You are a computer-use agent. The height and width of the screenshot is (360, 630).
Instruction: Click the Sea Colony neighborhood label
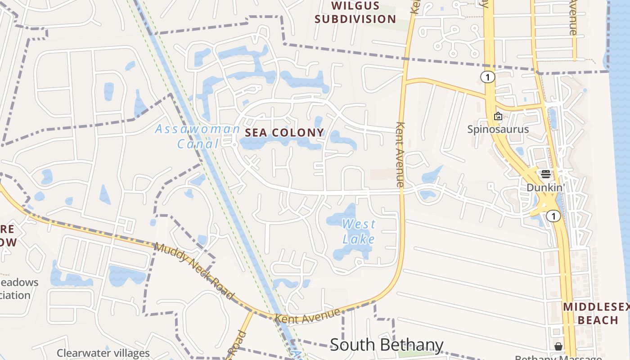(x=284, y=132)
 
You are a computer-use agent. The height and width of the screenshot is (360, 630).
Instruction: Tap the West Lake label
(x=359, y=231)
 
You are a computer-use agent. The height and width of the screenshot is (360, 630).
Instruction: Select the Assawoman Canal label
(x=198, y=136)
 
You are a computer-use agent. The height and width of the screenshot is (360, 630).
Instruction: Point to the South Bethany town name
(x=387, y=345)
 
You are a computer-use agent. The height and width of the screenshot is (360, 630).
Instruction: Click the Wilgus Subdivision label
(x=355, y=13)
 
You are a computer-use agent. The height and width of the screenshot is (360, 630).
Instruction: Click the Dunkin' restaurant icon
(x=546, y=174)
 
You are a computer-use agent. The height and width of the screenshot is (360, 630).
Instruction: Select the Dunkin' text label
(x=545, y=187)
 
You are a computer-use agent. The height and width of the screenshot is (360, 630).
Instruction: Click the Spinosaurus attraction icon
(x=498, y=117)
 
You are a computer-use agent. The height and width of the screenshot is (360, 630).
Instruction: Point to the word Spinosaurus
(x=498, y=130)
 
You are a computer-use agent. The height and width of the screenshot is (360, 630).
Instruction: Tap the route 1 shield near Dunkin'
(x=553, y=216)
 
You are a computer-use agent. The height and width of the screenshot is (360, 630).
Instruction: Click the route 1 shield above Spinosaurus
(x=487, y=77)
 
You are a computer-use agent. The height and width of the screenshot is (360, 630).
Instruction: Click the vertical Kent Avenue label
(x=400, y=154)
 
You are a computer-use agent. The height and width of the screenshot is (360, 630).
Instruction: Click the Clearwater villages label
(x=103, y=353)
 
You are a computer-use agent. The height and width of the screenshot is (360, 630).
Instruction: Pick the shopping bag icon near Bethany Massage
(x=558, y=346)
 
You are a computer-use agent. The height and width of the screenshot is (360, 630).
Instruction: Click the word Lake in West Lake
(x=359, y=239)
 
